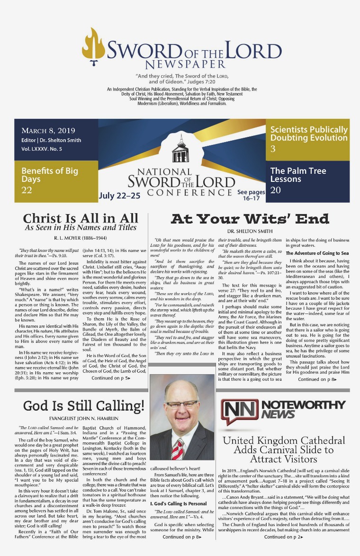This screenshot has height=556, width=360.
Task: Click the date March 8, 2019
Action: tap(48, 131)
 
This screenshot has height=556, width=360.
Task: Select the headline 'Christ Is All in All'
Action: tap(81, 218)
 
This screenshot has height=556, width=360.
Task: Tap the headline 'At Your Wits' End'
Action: tap(256, 218)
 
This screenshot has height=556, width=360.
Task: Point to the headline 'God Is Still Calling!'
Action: tap(83, 406)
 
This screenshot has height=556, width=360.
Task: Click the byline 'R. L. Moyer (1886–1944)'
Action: tap(80, 238)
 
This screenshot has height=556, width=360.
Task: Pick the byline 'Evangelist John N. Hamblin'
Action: tap(83, 419)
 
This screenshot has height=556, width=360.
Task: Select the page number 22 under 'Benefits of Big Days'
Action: tap(27, 190)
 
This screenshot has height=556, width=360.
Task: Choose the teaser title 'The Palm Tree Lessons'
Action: tap(298, 175)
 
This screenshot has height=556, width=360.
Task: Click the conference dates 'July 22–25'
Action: tap(119, 196)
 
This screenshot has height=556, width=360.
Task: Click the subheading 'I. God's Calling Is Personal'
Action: tap(178, 503)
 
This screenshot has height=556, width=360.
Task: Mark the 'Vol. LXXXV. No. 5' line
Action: tap(42, 149)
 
